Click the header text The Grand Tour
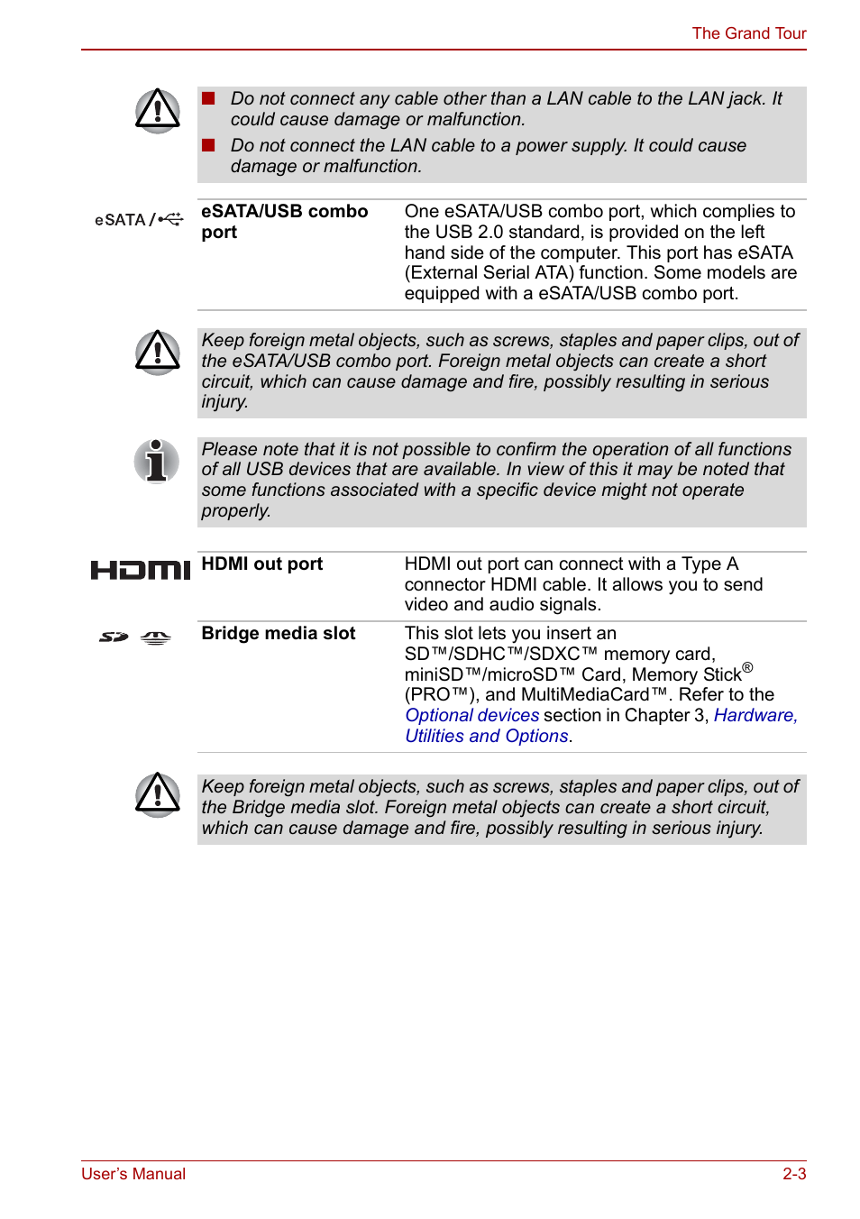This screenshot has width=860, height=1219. pos(748,33)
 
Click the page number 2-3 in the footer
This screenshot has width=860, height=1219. pos(793,1174)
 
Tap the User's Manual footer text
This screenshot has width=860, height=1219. pos(133,1174)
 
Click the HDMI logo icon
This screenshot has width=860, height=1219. pos(141,570)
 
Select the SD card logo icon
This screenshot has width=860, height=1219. pos(114,637)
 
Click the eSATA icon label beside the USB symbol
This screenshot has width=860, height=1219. pos(121,220)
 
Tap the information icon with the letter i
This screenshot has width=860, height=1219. pos(157,461)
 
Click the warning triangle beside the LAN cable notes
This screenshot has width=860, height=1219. pos(158,111)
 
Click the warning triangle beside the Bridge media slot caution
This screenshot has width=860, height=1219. pos(158,795)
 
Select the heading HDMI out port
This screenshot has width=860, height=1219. pos(261,564)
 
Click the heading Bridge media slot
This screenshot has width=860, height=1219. pos(278,634)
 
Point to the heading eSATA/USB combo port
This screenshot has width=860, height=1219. pos(284,221)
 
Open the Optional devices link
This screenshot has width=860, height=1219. pos(471,716)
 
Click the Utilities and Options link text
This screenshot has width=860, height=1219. pos(486,737)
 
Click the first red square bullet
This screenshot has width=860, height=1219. pos(208,98)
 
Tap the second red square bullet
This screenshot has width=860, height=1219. pos(208,145)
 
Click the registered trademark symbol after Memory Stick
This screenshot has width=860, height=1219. pos(747,668)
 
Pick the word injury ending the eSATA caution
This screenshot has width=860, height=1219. pos(224,402)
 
